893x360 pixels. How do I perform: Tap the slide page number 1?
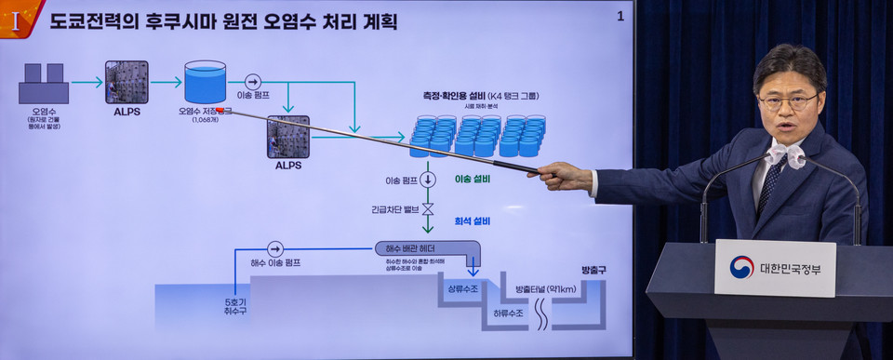pyautogui.click(x=620, y=17)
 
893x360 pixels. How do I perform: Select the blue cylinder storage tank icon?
pyautogui.click(x=205, y=82)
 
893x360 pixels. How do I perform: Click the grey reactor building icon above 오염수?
pyautogui.click(x=44, y=85)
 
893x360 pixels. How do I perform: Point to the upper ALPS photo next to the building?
pyautogui.click(x=126, y=82)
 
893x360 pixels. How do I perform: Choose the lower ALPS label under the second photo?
pyautogui.click(x=288, y=166)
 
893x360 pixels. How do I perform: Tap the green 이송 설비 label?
pyautogui.click(x=473, y=179)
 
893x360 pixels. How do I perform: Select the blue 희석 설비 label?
pyautogui.click(x=473, y=220)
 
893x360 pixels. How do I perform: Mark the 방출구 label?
pyautogui.click(x=593, y=270)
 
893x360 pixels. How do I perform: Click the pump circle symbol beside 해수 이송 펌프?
pyautogui.click(x=274, y=249)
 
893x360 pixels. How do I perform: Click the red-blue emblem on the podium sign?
pyautogui.click(x=741, y=268)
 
